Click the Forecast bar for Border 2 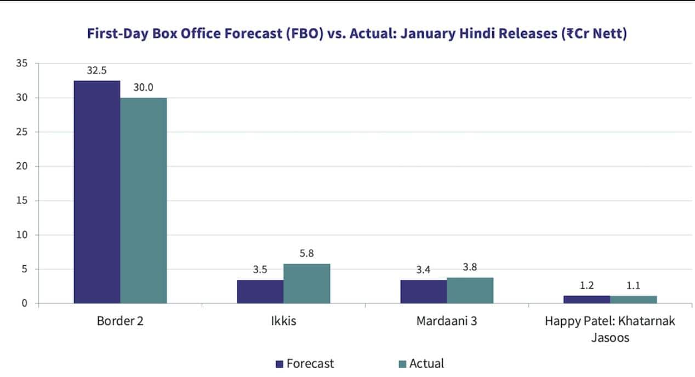[x=97, y=192]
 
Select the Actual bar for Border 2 [x=144, y=201]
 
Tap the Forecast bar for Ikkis [x=260, y=292]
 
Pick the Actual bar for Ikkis [x=307, y=283]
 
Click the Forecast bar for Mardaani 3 [x=423, y=292]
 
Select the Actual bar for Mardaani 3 [x=470, y=290]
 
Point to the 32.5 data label [x=96, y=71]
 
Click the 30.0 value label [x=143, y=88]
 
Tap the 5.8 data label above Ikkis [x=306, y=254]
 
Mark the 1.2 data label [x=586, y=285]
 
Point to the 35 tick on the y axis [x=21, y=64]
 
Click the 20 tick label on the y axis [x=21, y=167]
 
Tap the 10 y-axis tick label [x=21, y=235]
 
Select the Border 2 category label [x=121, y=321]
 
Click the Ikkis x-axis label [x=283, y=321]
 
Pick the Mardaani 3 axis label [x=447, y=321]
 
